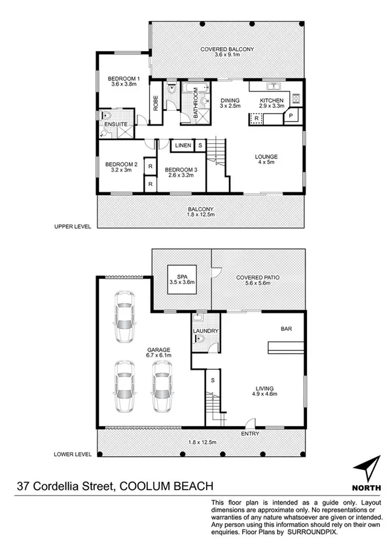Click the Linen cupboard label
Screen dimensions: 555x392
(183, 144)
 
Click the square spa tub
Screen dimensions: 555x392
(182, 281)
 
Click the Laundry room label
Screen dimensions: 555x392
(205, 331)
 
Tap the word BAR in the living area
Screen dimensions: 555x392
(286, 329)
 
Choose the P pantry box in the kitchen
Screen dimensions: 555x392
(291, 115)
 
